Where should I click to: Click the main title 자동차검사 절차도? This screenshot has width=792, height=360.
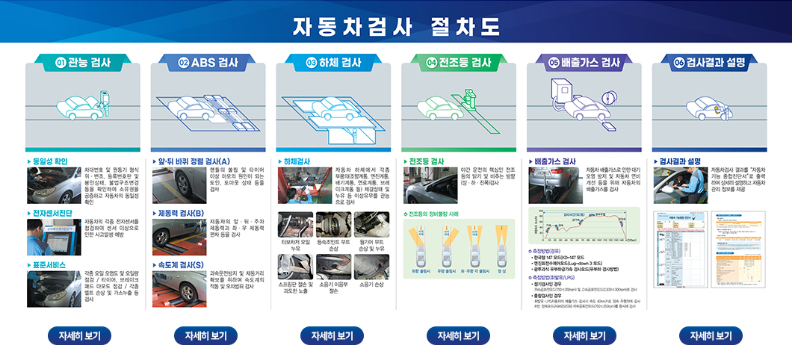tap(396, 27)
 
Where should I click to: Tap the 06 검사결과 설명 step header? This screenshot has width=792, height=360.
tap(710, 63)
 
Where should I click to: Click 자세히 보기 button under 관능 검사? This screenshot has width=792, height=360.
tap(79, 336)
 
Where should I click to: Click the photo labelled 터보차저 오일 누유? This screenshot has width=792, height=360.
tap(295, 224)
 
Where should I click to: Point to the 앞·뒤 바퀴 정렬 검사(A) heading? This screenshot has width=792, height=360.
tap(194, 161)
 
